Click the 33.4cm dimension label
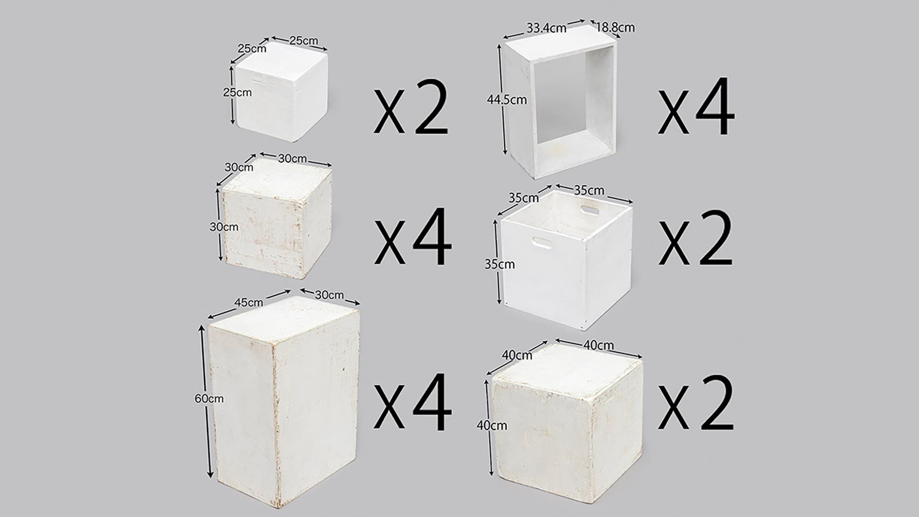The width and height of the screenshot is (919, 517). (546, 28)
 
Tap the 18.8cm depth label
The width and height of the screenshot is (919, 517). (615, 27)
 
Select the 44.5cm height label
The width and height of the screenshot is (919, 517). (507, 100)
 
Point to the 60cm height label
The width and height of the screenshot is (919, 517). (209, 399)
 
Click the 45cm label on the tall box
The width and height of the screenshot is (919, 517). (248, 303)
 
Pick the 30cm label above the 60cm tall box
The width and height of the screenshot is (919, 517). (329, 295)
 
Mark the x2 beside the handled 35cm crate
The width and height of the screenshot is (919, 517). (696, 238)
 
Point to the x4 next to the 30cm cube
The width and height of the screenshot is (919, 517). (412, 237)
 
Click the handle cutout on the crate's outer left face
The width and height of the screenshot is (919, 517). (542, 243)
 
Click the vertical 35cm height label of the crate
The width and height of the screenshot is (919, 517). (499, 264)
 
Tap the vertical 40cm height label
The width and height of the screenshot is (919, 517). (492, 425)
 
